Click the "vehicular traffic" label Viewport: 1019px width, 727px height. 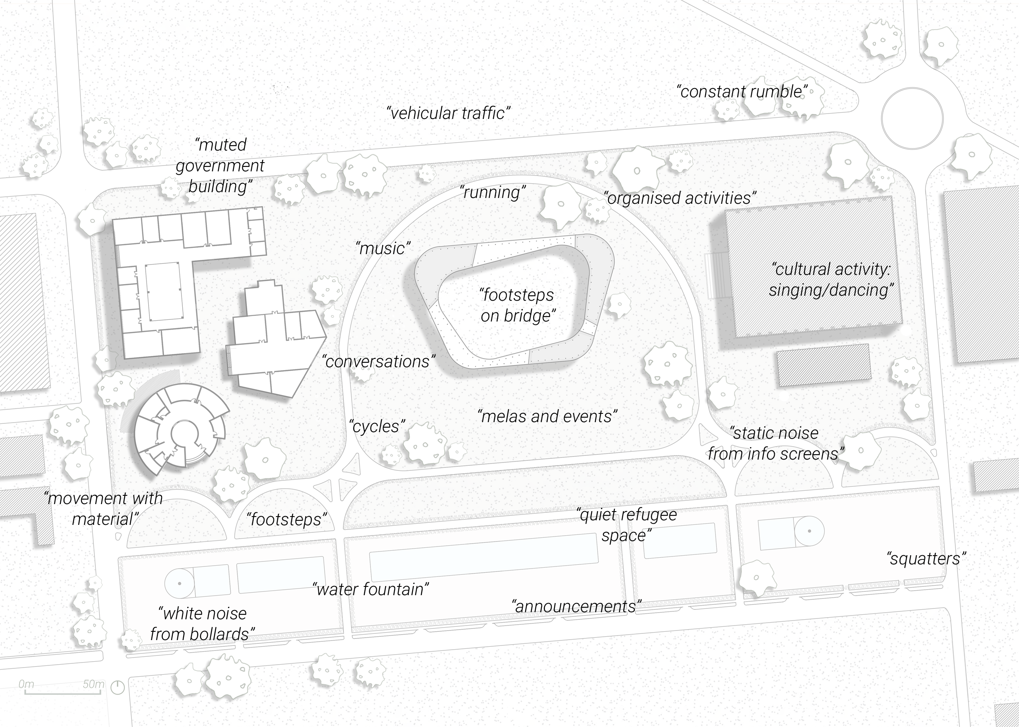tap(448, 113)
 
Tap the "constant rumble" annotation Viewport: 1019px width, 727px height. tap(742, 92)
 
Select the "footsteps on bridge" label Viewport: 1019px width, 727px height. tap(518, 305)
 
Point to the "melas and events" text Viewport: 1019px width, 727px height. tap(547, 417)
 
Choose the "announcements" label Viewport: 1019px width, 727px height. tap(577, 606)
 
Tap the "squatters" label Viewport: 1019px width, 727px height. tap(926, 559)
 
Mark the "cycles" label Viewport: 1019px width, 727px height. tap(377, 427)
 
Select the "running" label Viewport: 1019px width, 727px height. tap(493, 193)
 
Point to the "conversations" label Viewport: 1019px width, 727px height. tap(378, 362)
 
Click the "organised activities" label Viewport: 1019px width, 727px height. tap(680, 198)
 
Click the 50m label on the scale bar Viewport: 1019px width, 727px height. tap(93, 685)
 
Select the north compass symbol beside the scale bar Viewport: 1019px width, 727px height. tap(117, 687)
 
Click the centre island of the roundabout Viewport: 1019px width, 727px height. tap(912, 119)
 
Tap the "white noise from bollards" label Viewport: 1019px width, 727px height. tap(202, 624)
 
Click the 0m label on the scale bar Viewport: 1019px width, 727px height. tap(26, 685)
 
